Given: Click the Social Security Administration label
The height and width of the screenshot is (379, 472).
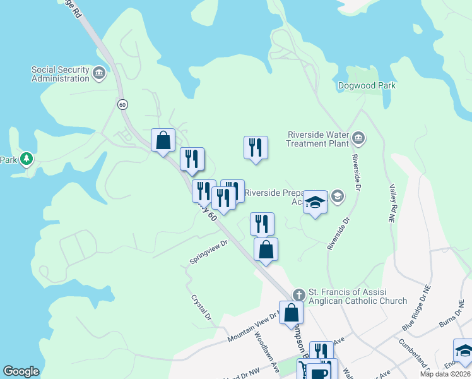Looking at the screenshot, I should [61, 74].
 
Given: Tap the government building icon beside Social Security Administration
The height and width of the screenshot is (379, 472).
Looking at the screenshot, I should [99, 74].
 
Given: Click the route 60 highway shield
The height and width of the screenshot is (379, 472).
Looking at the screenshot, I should [122, 104].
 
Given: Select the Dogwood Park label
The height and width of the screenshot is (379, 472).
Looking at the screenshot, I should [366, 85].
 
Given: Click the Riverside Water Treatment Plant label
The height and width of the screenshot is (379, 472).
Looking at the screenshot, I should [318, 138].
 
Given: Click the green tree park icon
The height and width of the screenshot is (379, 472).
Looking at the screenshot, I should [27, 158].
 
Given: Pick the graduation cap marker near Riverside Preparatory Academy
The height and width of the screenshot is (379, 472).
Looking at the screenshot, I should [315, 202].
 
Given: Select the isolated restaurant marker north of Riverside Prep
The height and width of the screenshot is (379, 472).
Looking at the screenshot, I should [256, 148].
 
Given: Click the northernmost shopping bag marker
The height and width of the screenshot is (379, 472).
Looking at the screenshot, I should [163, 140].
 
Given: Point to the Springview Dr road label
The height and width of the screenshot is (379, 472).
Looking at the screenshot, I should [209, 252].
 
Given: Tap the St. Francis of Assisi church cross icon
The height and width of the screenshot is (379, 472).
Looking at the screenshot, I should [299, 294].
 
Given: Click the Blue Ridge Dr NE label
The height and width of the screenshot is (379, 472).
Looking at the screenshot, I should [416, 307].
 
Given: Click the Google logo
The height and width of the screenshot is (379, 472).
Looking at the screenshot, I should [21, 371].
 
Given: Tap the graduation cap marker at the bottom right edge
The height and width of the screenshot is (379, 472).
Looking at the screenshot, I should [464, 351].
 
